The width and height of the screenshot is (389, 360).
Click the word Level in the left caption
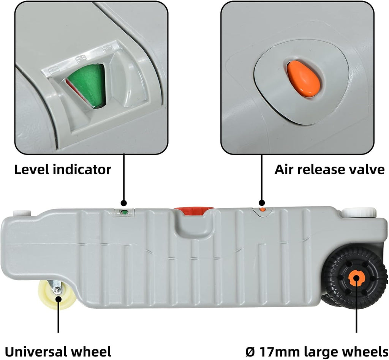[32, 169]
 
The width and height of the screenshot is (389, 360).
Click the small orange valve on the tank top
[262, 210]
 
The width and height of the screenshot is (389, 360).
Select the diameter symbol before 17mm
[250, 351]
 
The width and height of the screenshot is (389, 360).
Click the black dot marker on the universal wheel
[58, 298]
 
